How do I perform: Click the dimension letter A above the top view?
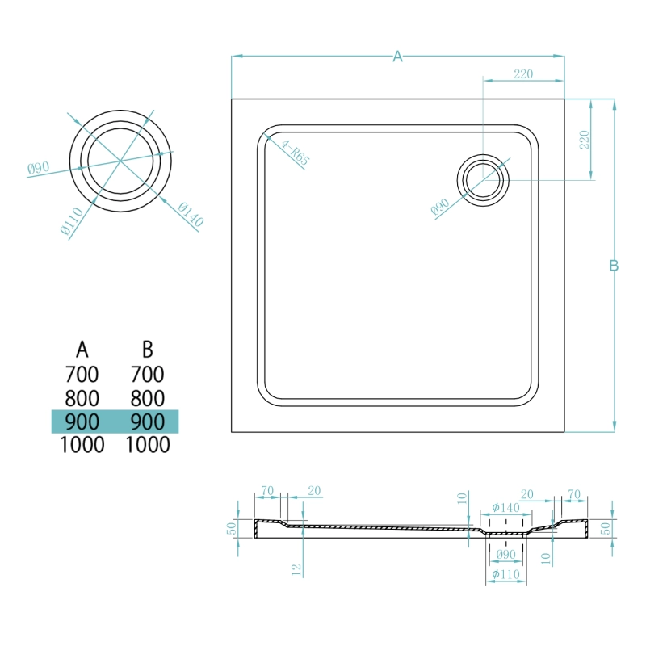click(x=397, y=57)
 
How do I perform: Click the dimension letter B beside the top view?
click(x=614, y=266)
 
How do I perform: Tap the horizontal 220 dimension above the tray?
click(x=523, y=73)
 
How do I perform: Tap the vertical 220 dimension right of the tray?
click(x=584, y=139)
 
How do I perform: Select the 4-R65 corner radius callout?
click(x=296, y=153)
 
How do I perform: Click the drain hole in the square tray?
click(x=483, y=180)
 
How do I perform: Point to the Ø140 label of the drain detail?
click(x=191, y=215)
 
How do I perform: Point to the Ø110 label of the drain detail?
click(x=72, y=220)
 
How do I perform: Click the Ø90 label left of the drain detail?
click(x=38, y=168)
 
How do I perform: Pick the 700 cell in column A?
click(x=82, y=375)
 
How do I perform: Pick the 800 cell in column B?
click(x=148, y=398)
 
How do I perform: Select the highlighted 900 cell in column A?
click(x=82, y=422)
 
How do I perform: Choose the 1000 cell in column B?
click(x=148, y=445)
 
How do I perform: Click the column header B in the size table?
click(x=148, y=350)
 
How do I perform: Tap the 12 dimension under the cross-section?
click(x=296, y=570)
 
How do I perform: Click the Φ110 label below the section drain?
click(x=505, y=574)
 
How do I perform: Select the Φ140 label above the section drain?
click(x=505, y=508)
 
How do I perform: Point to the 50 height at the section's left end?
click(x=232, y=528)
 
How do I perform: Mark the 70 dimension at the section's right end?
click(x=574, y=494)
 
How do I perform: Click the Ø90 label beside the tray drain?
click(x=440, y=207)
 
